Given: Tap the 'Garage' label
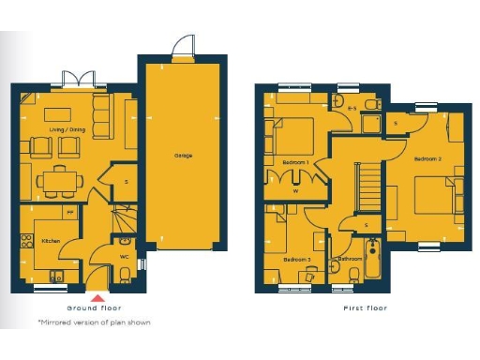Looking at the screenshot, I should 184,155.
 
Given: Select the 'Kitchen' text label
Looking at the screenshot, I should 51,241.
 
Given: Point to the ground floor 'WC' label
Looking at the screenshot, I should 124,255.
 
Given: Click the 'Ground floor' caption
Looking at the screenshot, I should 94,307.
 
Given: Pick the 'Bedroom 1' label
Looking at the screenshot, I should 295,162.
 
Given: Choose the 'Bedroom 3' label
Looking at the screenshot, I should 296,259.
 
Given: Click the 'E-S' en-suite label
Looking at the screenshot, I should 352,110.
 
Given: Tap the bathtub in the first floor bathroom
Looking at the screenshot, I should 372,261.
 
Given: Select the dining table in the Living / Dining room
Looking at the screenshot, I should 59,179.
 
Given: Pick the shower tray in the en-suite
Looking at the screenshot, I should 369,125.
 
